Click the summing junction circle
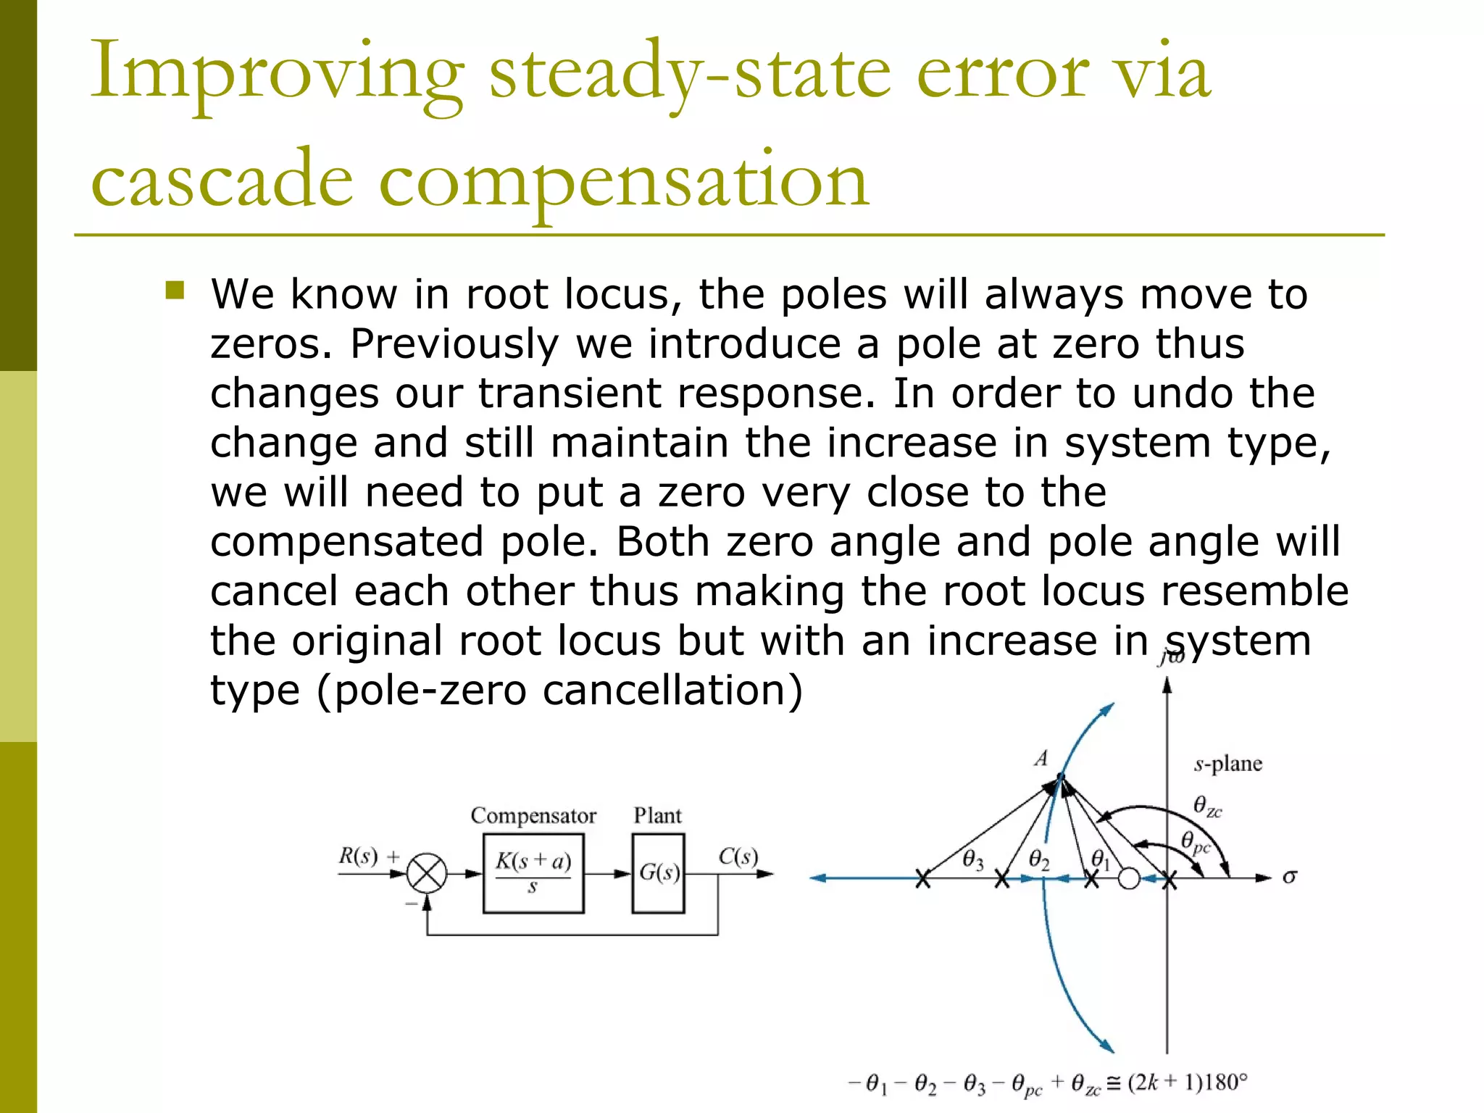(x=427, y=873)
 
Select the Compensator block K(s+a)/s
(x=533, y=873)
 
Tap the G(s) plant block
(x=658, y=873)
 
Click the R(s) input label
(x=359, y=856)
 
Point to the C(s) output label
(x=738, y=856)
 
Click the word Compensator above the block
(x=533, y=816)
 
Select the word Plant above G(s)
(x=657, y=816)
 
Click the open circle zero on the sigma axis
(x=1129, y=879)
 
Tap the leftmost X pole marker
(x=922, y=879)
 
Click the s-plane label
(x=1227, y=764)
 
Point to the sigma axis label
(x=1289, y=878)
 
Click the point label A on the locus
(x=1041, y=759)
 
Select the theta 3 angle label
(x=972, y=860)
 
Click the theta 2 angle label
(x=1038, y=860)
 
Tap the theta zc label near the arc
(x=1207, y=806)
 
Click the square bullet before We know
(x=175, y=291)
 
